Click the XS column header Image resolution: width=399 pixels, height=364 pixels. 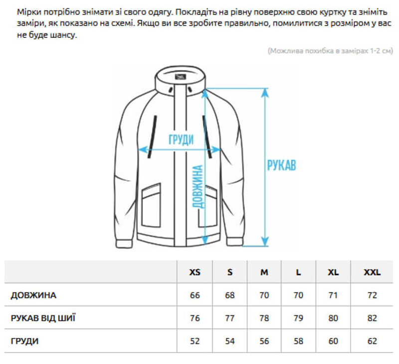195,272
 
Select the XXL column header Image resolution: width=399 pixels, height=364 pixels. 372,272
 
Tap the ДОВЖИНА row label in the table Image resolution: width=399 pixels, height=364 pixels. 33,295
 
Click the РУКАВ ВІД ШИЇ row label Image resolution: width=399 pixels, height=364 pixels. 43,318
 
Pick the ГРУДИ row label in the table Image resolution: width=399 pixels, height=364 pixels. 24,342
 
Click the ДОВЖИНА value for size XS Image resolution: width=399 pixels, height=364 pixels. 195,295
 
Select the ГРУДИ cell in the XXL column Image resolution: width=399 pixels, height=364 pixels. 372,342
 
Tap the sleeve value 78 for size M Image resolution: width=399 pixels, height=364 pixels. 264,318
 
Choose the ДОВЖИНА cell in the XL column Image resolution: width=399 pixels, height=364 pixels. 333,295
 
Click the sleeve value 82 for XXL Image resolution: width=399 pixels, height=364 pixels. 372,318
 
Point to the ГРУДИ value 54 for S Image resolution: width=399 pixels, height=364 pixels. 230,342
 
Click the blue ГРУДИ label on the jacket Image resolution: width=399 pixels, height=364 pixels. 181,139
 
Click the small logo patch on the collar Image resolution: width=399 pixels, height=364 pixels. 180,77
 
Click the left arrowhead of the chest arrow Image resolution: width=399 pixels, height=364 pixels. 142,149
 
